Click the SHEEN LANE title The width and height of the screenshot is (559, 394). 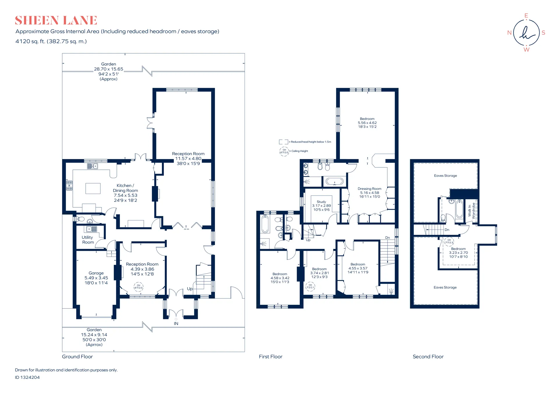[56, 20]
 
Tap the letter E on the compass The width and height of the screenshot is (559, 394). [526, 15]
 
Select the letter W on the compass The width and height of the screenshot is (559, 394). [526, 50]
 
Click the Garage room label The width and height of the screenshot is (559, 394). [96, 273]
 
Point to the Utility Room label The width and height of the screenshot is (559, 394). [88, 240]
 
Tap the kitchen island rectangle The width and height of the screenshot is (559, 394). [93, 188]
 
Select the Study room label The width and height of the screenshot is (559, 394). [321, 202]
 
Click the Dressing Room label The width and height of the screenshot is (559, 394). [369, 189]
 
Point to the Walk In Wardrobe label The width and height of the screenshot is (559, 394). [471, 211]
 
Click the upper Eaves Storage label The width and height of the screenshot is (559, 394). [445, 176]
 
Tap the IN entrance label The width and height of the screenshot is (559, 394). [176, 323]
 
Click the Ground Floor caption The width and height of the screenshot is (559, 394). [77, 356]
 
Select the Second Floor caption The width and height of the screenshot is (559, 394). [428, 356]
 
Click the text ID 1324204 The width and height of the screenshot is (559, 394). [27, 377]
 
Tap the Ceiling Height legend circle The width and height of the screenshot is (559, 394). [284, 151]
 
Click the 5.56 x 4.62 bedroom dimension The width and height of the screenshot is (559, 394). [367, 123]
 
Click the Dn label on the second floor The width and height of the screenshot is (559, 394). [447, 230]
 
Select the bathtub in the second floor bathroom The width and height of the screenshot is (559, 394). [459, 209]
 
